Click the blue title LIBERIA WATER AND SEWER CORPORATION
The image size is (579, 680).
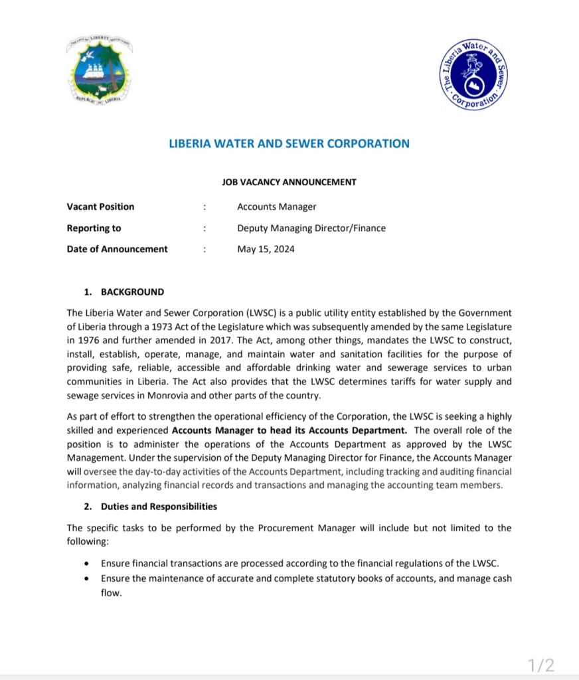coord(289,143)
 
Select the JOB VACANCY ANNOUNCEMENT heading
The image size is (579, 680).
coord(289,181)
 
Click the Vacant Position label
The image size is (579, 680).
coord(100,207)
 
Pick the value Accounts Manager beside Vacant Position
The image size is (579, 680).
coord(277,207)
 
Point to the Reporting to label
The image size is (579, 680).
coord(94,228)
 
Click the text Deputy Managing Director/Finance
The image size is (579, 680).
coord(311,228)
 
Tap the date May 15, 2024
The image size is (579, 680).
coord(266,249)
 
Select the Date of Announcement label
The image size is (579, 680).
coord(118,249)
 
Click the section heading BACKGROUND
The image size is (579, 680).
coord(132,292)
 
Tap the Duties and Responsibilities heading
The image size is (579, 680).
coord(159,506)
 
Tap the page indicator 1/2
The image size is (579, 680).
coord(540,664)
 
